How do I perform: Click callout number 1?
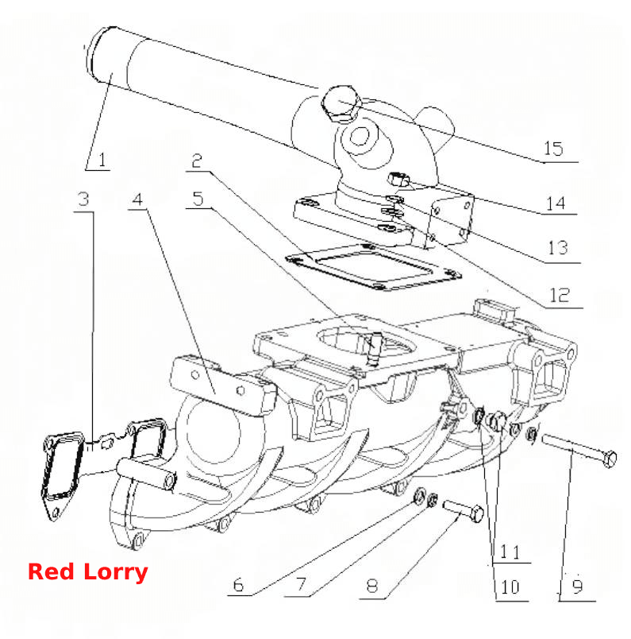[102, 159]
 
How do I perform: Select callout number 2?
[197, 161]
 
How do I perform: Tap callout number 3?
[83, 199]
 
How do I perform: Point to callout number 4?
[137, 199]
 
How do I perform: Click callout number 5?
[198, 199]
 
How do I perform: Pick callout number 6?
[239, 585]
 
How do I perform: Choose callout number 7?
[301, 585]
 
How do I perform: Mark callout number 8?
[371, 586]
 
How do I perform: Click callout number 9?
[577, 587]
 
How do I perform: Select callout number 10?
[510, 587]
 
